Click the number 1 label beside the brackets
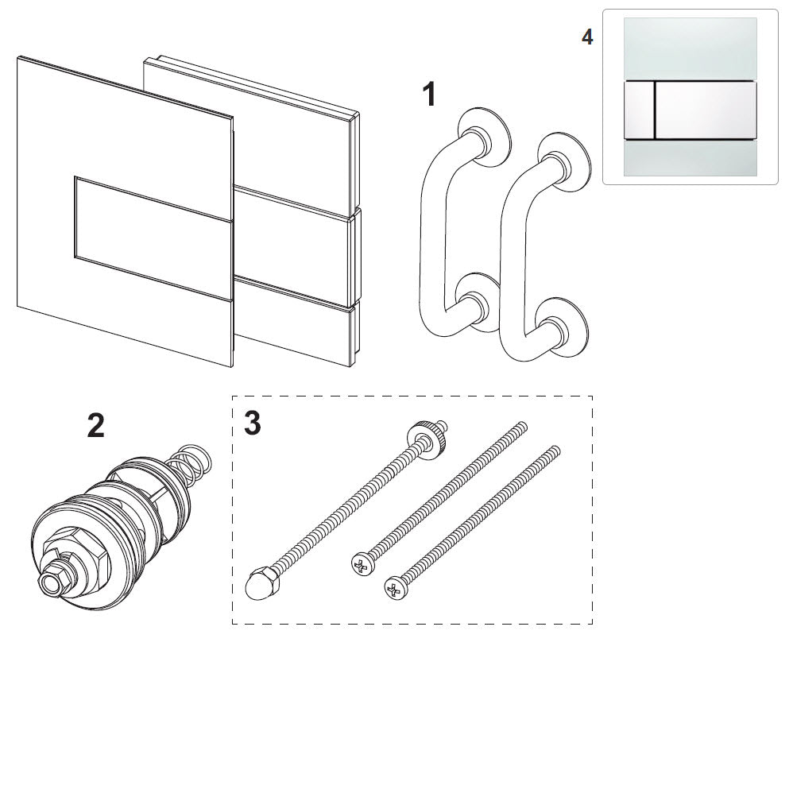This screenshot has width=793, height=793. tap(429, 95)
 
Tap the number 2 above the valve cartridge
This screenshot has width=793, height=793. tap(95, 426)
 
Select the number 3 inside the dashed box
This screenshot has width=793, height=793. tap(252, 424)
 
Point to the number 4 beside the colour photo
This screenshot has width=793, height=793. tap(587, 37)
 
